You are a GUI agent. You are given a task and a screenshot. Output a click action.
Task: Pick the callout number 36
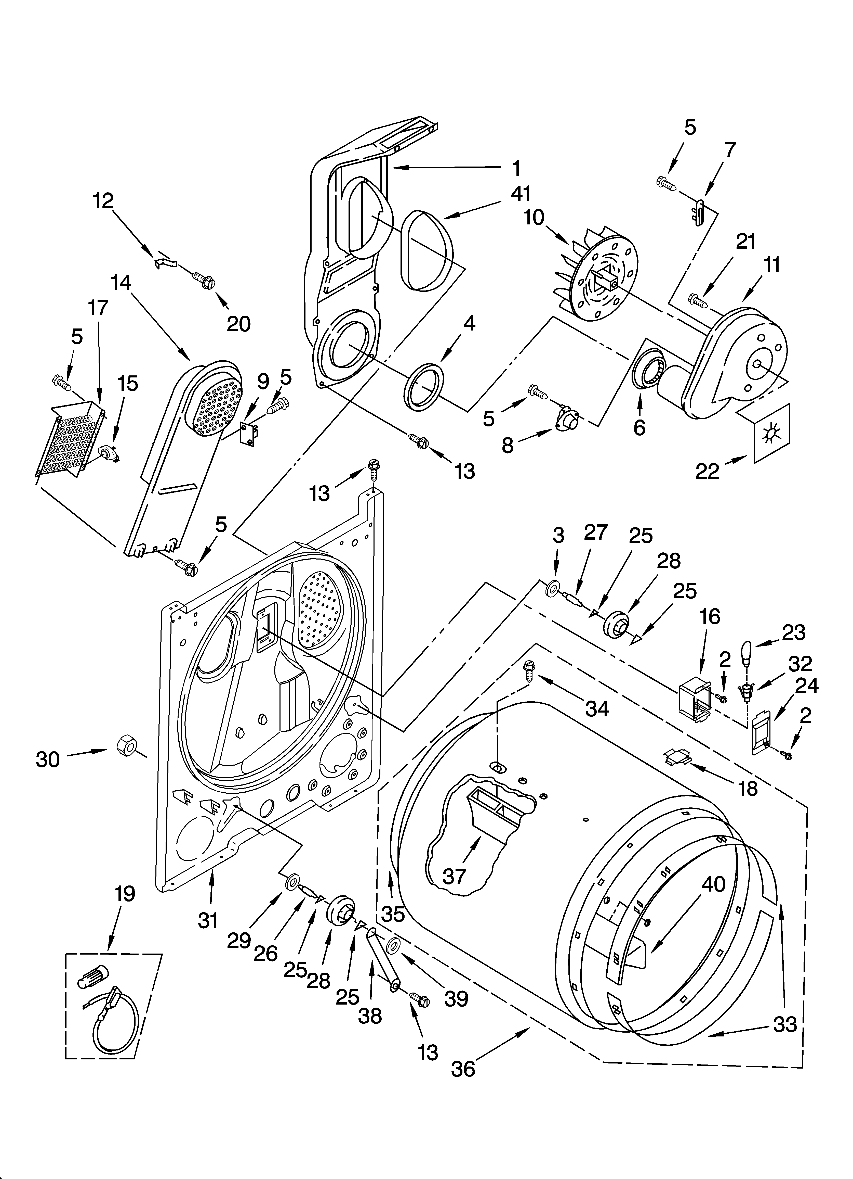click(x=463, y=1069)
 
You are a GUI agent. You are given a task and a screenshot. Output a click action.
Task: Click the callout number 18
click(x=748, y=789)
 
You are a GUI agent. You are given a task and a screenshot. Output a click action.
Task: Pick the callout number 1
click(x=516, y=168)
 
